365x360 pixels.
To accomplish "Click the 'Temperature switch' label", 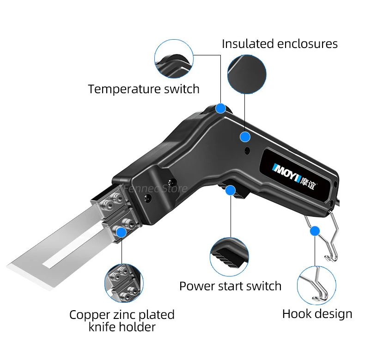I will (144, 89).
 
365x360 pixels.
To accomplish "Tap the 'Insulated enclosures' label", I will (280, 44).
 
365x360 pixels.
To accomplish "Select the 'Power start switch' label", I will (230, 286).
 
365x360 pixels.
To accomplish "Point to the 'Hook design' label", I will (317, 314).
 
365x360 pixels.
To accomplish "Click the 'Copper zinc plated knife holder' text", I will (122, 321).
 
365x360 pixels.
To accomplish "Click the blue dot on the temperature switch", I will (221, 108).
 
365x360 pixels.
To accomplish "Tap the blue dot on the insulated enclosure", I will (245, 137).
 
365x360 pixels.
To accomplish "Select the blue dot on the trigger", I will (230, 190).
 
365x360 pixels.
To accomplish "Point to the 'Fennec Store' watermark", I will (155, 188).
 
